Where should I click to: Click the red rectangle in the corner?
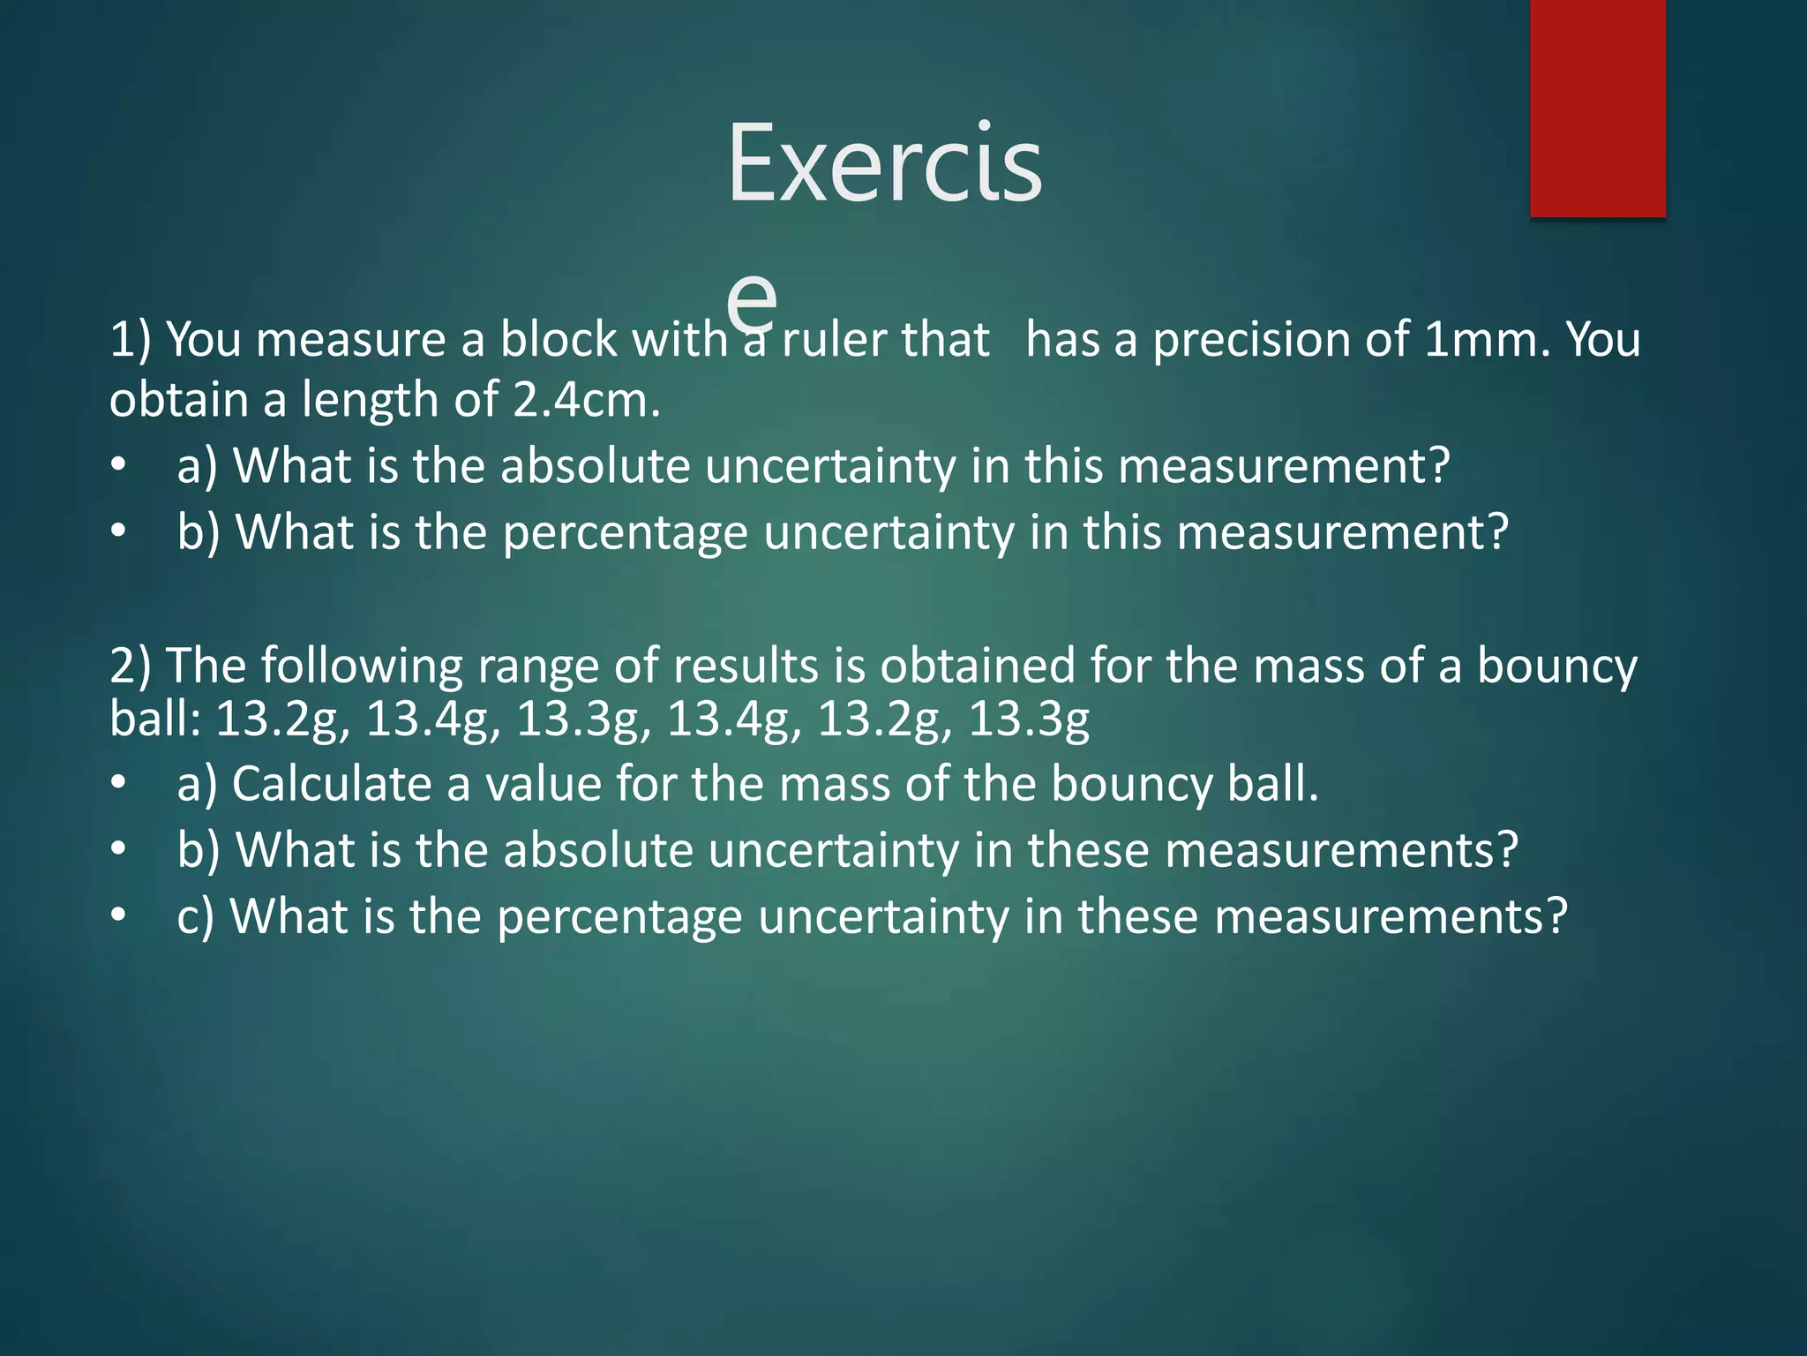[x=1597, y=108]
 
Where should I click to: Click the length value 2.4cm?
[x=585, y=401]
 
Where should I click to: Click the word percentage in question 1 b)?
[x=625, y=534]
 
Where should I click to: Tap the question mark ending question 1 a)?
[x=1437, y=466]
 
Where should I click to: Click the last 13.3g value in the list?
[x=1029, y=719]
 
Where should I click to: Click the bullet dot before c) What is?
[x=119, y=916]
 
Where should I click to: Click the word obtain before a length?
[x=179, y=401]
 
